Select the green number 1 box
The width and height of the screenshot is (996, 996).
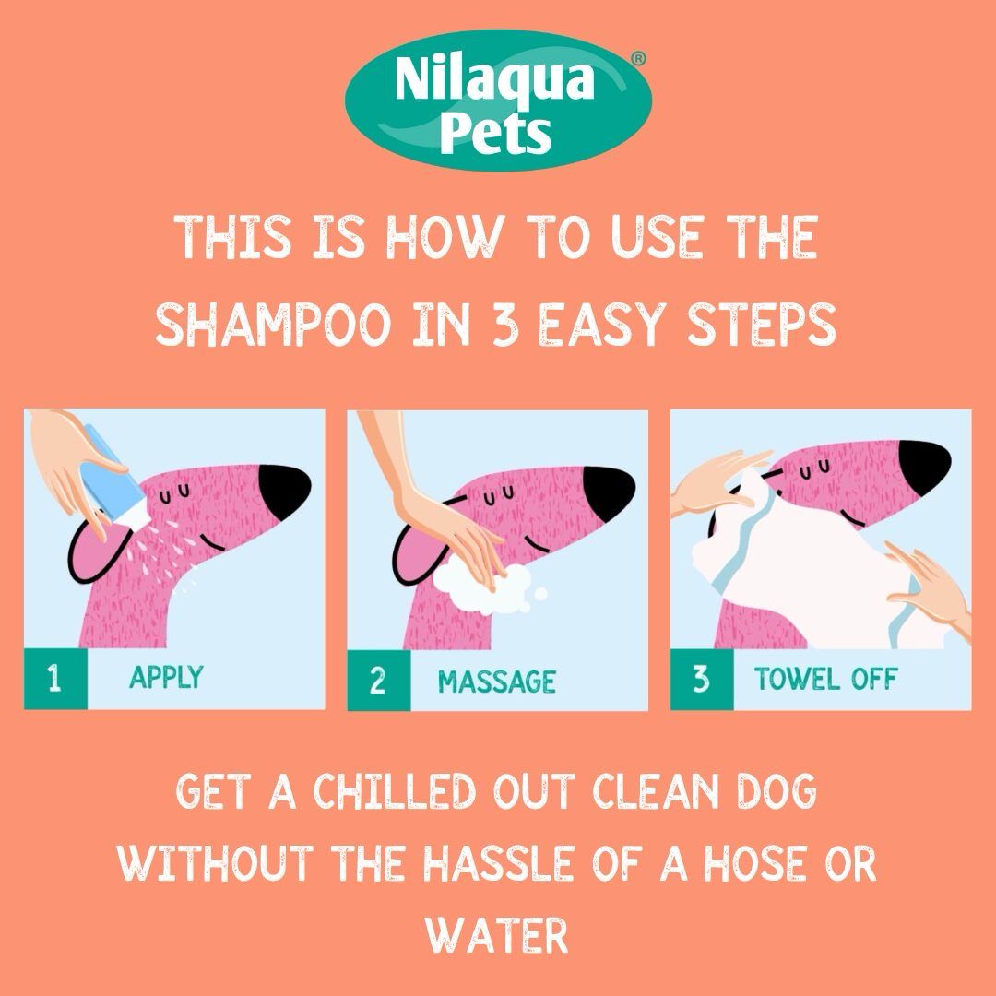(55, 680)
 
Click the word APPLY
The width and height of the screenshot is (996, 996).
(166, 678)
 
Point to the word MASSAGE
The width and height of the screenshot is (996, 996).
(496, 682)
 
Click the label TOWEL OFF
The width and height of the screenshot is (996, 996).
(825, 681)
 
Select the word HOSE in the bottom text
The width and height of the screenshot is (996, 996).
(750, 865)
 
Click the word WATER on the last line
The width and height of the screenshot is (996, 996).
(496, 933)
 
